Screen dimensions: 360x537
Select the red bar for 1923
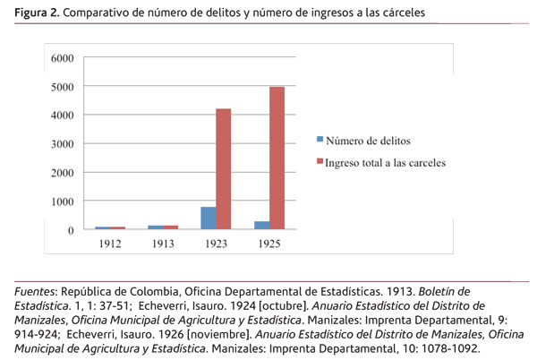pos(224,169)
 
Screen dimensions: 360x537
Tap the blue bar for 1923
pos(209,219)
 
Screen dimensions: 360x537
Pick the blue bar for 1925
pos(262,226)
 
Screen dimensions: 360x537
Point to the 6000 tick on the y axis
pos(62,58)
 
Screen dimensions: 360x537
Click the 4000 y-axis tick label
pos(62,116)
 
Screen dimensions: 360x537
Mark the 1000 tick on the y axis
pos(62,201)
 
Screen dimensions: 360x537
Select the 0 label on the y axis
pos(70,230)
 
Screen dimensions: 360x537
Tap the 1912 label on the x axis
pos(110,244)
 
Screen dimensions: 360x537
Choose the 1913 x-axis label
pos(164,244)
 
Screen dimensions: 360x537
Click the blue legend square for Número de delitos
pos(320,141)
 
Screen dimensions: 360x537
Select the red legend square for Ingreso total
pos(320,162)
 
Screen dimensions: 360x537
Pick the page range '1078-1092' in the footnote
pos(447,348)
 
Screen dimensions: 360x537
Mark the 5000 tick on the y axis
pos(62,87)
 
